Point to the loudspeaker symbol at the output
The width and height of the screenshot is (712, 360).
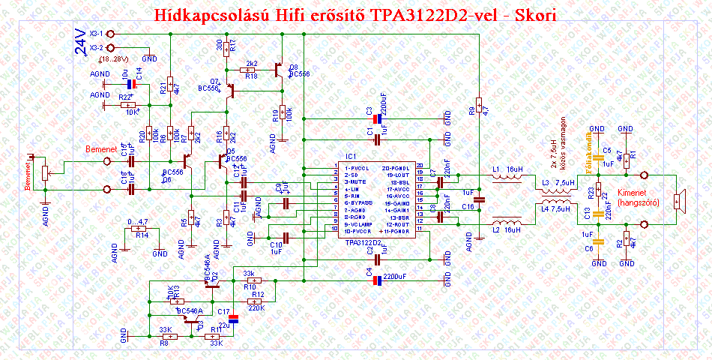[x=678, y=200]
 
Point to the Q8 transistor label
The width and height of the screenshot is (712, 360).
[x=293, y=67]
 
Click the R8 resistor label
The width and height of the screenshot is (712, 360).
[x=163, y=343]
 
